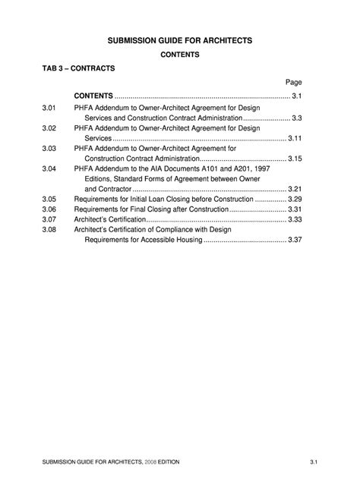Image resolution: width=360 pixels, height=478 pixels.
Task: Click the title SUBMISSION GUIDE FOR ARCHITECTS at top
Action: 180,38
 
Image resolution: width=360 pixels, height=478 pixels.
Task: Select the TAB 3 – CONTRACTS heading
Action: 78,68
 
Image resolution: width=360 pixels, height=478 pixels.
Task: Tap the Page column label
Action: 294,82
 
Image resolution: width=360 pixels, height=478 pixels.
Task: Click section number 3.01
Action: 50,108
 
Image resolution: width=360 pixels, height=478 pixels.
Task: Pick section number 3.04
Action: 50,168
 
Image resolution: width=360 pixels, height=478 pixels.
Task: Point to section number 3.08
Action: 50,229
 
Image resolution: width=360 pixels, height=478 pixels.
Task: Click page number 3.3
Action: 297,118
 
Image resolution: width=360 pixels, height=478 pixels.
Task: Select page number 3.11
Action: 295,139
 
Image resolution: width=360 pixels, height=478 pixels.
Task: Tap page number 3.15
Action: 295,159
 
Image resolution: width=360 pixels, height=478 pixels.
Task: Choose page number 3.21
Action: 295,188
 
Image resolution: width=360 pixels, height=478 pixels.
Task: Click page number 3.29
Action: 295,199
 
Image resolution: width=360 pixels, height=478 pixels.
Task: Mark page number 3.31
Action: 295,209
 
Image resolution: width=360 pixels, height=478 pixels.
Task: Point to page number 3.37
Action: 295,239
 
